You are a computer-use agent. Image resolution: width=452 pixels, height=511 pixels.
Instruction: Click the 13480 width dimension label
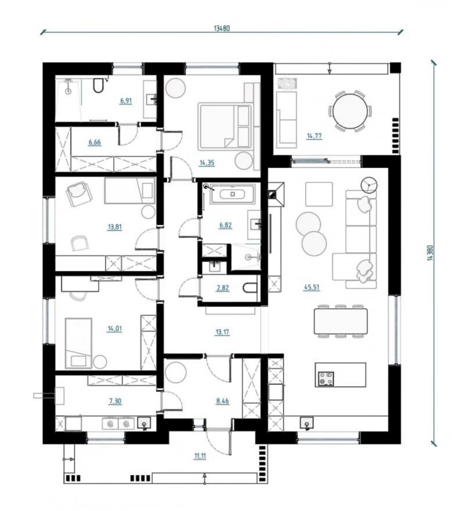coord(222,29)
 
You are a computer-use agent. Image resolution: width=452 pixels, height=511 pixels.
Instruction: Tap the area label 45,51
coord(312,287)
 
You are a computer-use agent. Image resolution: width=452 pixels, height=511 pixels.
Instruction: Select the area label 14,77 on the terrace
coord(314,136)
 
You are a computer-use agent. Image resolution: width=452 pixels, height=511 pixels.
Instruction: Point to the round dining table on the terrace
coord(350,111)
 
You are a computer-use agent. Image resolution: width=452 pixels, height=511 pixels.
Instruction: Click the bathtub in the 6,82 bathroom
coord(232,194)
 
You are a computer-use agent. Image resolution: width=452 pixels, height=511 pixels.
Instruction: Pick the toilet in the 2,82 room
coord(249,288)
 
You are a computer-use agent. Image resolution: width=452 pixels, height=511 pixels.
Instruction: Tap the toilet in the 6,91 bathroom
coord(98,85)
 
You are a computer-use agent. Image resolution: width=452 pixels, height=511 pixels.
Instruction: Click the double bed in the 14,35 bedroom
coord(225,126)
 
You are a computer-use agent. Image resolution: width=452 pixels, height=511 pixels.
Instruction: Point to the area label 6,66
coord(95,142)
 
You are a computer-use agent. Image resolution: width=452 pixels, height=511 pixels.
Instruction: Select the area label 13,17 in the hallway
coord(222,332)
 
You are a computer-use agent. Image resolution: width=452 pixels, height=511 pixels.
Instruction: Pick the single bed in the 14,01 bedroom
coord(78,343)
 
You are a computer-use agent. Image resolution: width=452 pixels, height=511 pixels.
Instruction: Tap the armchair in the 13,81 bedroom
coord(79,194)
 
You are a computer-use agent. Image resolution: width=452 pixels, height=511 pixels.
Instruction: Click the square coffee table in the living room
coord(319,194)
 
